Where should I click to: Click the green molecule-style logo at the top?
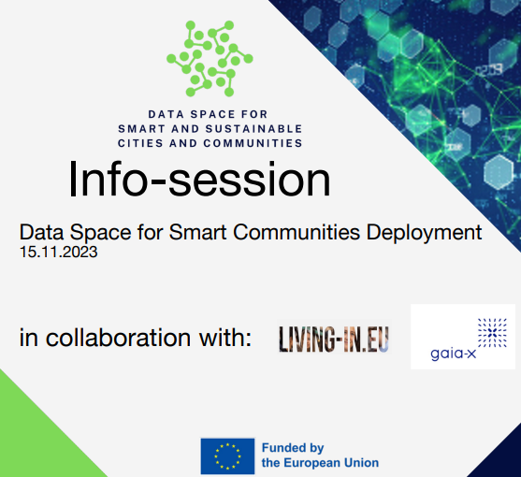pos(210,59)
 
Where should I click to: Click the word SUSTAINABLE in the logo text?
pos(253,129)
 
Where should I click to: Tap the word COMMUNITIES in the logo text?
pos(253,143)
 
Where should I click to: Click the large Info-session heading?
pos(199,180)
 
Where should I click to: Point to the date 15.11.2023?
pos(59,253)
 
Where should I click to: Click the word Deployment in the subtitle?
pos(424,233)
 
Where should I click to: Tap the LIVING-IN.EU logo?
pos(334,339)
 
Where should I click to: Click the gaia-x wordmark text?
pos(454,354)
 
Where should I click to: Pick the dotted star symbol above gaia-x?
pos(492,333)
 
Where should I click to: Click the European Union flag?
pos(227,456)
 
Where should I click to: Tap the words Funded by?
pos(293,448)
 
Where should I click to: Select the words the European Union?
pos(320,463)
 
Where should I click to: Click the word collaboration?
pos(118,338)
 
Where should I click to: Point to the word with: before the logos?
pos(224,338)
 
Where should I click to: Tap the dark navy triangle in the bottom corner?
pos(501,458)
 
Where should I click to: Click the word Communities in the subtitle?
pos(297,232)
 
